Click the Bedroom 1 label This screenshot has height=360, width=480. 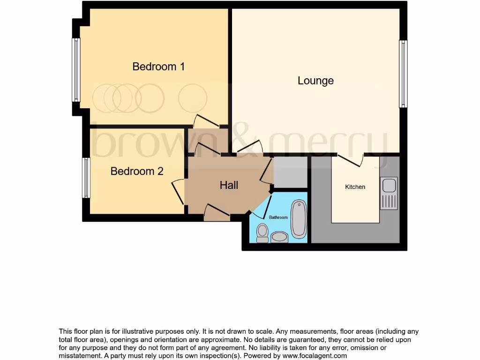point(158,67)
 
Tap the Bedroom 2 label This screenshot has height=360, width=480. point(137,172)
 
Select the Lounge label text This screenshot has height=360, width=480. point(315,81)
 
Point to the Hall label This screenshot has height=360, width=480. point(229,186)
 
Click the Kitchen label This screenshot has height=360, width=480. point(355,187)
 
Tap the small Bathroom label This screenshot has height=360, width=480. point(278,217)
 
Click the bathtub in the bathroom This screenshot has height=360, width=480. point(299,219)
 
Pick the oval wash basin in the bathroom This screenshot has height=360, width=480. point(280,237)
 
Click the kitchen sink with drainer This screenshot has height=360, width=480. point(389,193)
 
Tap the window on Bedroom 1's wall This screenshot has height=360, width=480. point(76,70)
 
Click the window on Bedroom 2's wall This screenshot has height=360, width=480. point(86,178)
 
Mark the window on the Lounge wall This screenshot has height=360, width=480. point(403,74)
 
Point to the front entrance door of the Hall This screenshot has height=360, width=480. point(217,212)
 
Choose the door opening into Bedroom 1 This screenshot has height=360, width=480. point(207,121)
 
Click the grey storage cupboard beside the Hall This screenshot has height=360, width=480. point(290,172)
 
